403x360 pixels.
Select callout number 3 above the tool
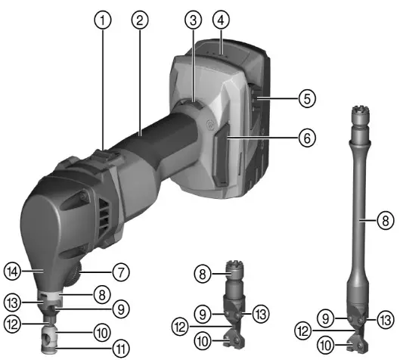[194, 17]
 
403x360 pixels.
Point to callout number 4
[221, 17]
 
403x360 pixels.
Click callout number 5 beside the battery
[305, 98]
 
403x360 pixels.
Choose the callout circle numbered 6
[305, 138]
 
